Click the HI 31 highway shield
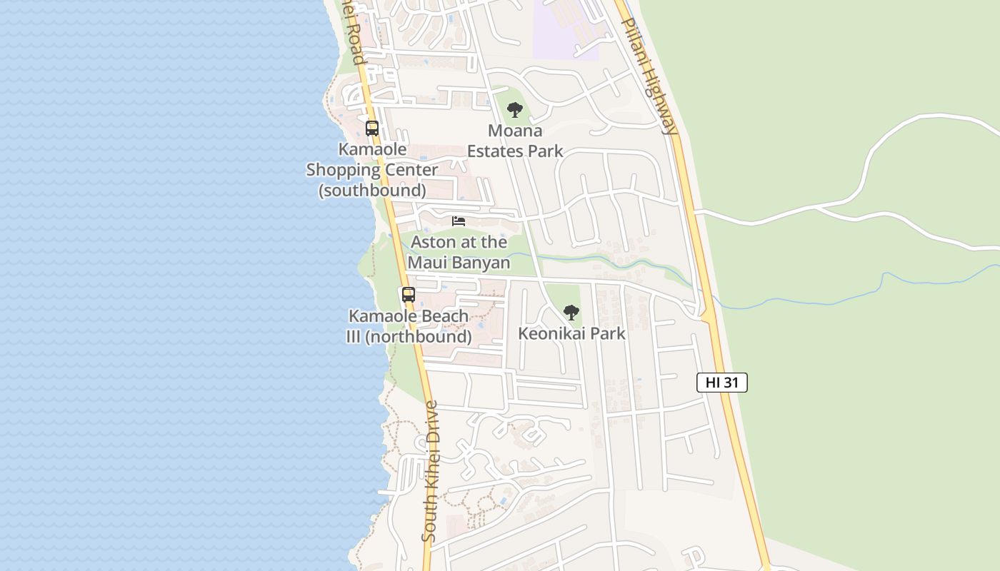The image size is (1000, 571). point(721,383)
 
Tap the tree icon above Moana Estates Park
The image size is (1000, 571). point(514,110)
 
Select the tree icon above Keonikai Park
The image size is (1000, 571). point(571,312)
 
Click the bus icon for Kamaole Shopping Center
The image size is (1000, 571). point(372,128)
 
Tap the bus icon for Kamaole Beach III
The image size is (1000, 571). point(409,294)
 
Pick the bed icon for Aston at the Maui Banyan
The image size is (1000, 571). point(459,221)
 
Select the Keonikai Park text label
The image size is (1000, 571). point(571,333)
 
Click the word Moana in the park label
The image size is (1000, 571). point(515,131)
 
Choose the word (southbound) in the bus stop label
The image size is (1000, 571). point(372,191)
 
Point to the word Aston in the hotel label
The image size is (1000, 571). point(433,242)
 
